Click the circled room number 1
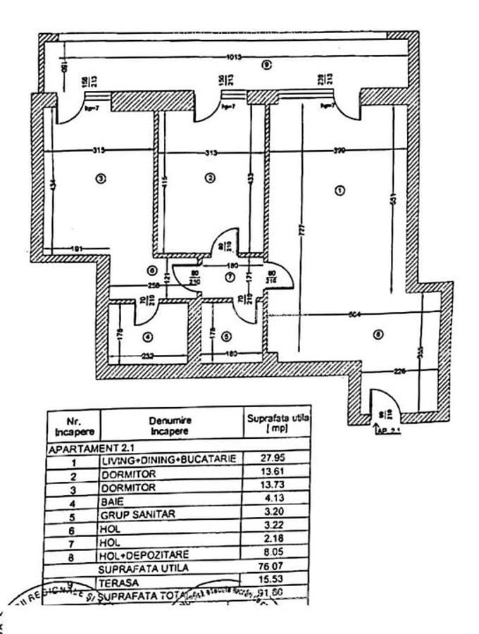pos(340,190)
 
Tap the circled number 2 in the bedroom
pos(209,178)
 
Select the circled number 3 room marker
pos(101,178)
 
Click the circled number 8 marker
pos(378,335)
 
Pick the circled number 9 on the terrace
pos(266,65)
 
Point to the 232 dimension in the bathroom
pos(147,356)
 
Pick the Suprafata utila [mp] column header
pos(278,423)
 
